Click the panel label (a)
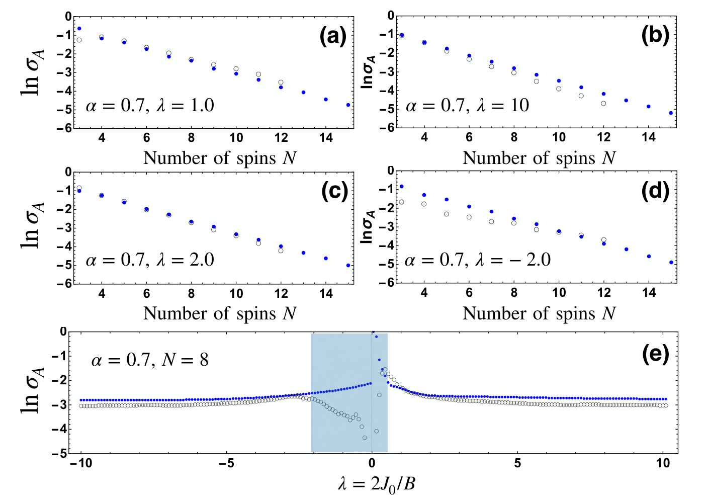click(x=333, y=37)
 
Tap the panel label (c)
click(x=334, y=192)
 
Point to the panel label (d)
click(x=656, y=191)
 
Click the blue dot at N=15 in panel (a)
click(x=348, y=105)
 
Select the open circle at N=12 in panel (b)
click(x=603, y=104)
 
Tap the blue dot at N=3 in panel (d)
click(x=402, y=187)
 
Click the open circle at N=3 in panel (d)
click(x=402, y=202)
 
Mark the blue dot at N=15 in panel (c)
click(x=348, y=266)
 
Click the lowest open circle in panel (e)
click(x=365, y=438)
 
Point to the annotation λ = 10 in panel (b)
click(x=502, y=105)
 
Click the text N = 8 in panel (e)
click(x=185, y=360)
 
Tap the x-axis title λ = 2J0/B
click(x=376, y=483)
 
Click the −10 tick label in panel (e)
click(x=81, y=463)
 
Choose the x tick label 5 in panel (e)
click(x=517, y=463)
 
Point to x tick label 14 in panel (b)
click(x=649, y=137)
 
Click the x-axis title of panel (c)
click(x=220, y=313)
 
